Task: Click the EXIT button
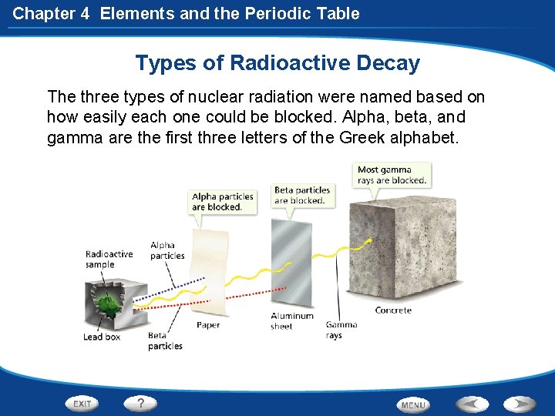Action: coord(82,404)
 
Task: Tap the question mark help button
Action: coord(141,403)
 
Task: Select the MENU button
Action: coord(413,404)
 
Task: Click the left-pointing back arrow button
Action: coord(471,404)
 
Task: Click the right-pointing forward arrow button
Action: coord(520,404)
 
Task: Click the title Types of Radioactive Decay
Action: coord(277,62)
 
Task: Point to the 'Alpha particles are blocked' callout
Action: coord(222,202)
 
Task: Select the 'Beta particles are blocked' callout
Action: coord(302,195)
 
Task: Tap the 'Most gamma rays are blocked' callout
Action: coord(392,175)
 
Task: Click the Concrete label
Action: coord(393,310)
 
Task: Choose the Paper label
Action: coord(208,325)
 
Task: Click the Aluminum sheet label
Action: coord(292,321)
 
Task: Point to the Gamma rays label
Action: coord(341,330)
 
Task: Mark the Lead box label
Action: coord(102,337)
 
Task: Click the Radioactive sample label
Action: coord(109,260)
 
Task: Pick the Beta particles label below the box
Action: coord(165,341)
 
